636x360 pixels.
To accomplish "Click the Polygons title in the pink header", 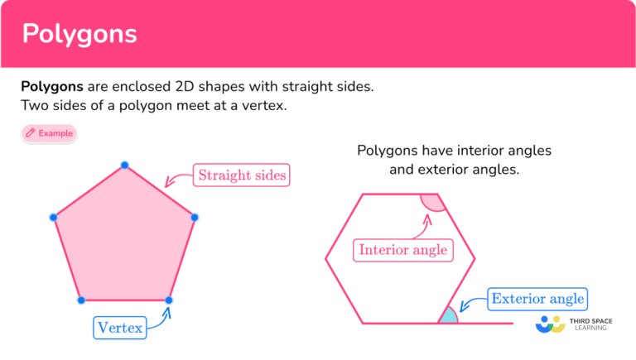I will coord(79,34).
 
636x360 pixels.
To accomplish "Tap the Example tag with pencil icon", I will coord(49,133).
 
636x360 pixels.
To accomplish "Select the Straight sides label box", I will coord(243,175).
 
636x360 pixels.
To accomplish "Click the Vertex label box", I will coord(119,328).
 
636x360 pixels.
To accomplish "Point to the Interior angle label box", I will coord(402,249).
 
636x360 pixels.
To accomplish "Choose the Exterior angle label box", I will coord(537,298).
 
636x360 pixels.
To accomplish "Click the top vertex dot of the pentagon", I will coord(124,166).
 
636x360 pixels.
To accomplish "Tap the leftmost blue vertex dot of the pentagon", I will coord(54,218).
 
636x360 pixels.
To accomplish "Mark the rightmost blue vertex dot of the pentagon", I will coord(195,218).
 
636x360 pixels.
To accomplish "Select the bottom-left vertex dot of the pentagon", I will coord(81,300).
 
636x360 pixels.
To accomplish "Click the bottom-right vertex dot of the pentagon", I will coord(169,300).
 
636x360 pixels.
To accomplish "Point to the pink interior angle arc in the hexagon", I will coord(432,203).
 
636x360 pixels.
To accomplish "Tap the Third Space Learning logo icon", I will coord(550,324).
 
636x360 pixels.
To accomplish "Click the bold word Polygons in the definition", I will coord(51,86).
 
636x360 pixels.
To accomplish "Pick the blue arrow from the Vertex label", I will coord(161,319).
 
